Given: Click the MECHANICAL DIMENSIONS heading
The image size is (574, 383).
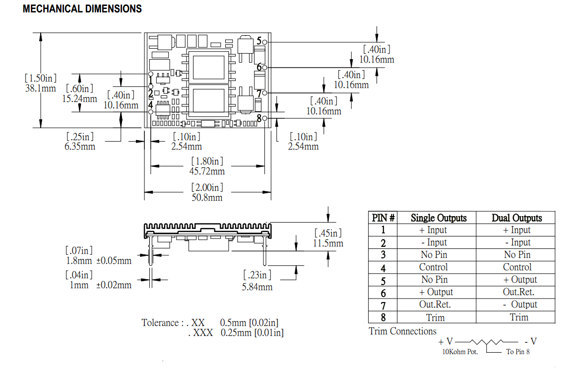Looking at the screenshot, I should click(x=82, y=9).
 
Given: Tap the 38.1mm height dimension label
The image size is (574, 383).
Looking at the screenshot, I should click(x=40, y=88).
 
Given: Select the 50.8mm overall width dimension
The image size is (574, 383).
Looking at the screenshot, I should click(x=207, y=197).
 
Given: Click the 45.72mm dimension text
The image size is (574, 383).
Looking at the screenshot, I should click(x=207, y=171).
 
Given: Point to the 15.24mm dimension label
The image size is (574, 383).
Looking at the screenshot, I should click(x=79, y=98).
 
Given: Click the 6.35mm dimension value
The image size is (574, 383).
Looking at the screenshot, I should click(x=80, y=146).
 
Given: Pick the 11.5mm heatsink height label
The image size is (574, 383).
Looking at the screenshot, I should click(x=328, y=243).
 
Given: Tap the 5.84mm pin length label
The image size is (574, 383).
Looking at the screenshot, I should click(x=257, y=287).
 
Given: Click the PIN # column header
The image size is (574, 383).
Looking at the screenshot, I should click(x=383, y=218).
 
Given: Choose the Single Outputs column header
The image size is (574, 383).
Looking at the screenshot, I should click(x=439, y=218).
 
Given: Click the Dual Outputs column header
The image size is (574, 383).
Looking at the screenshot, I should click(x=516, y=218).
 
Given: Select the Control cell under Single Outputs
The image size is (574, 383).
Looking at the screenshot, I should click(x=433, y=267).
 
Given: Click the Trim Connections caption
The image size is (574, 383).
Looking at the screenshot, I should click(x=402, y=331).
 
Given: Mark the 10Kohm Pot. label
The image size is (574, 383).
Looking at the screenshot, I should click(x=460, y=352).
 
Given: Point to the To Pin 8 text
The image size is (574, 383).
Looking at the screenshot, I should click(x=517, y=352).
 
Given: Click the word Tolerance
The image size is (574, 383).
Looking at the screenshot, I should click(x=160, y=323).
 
